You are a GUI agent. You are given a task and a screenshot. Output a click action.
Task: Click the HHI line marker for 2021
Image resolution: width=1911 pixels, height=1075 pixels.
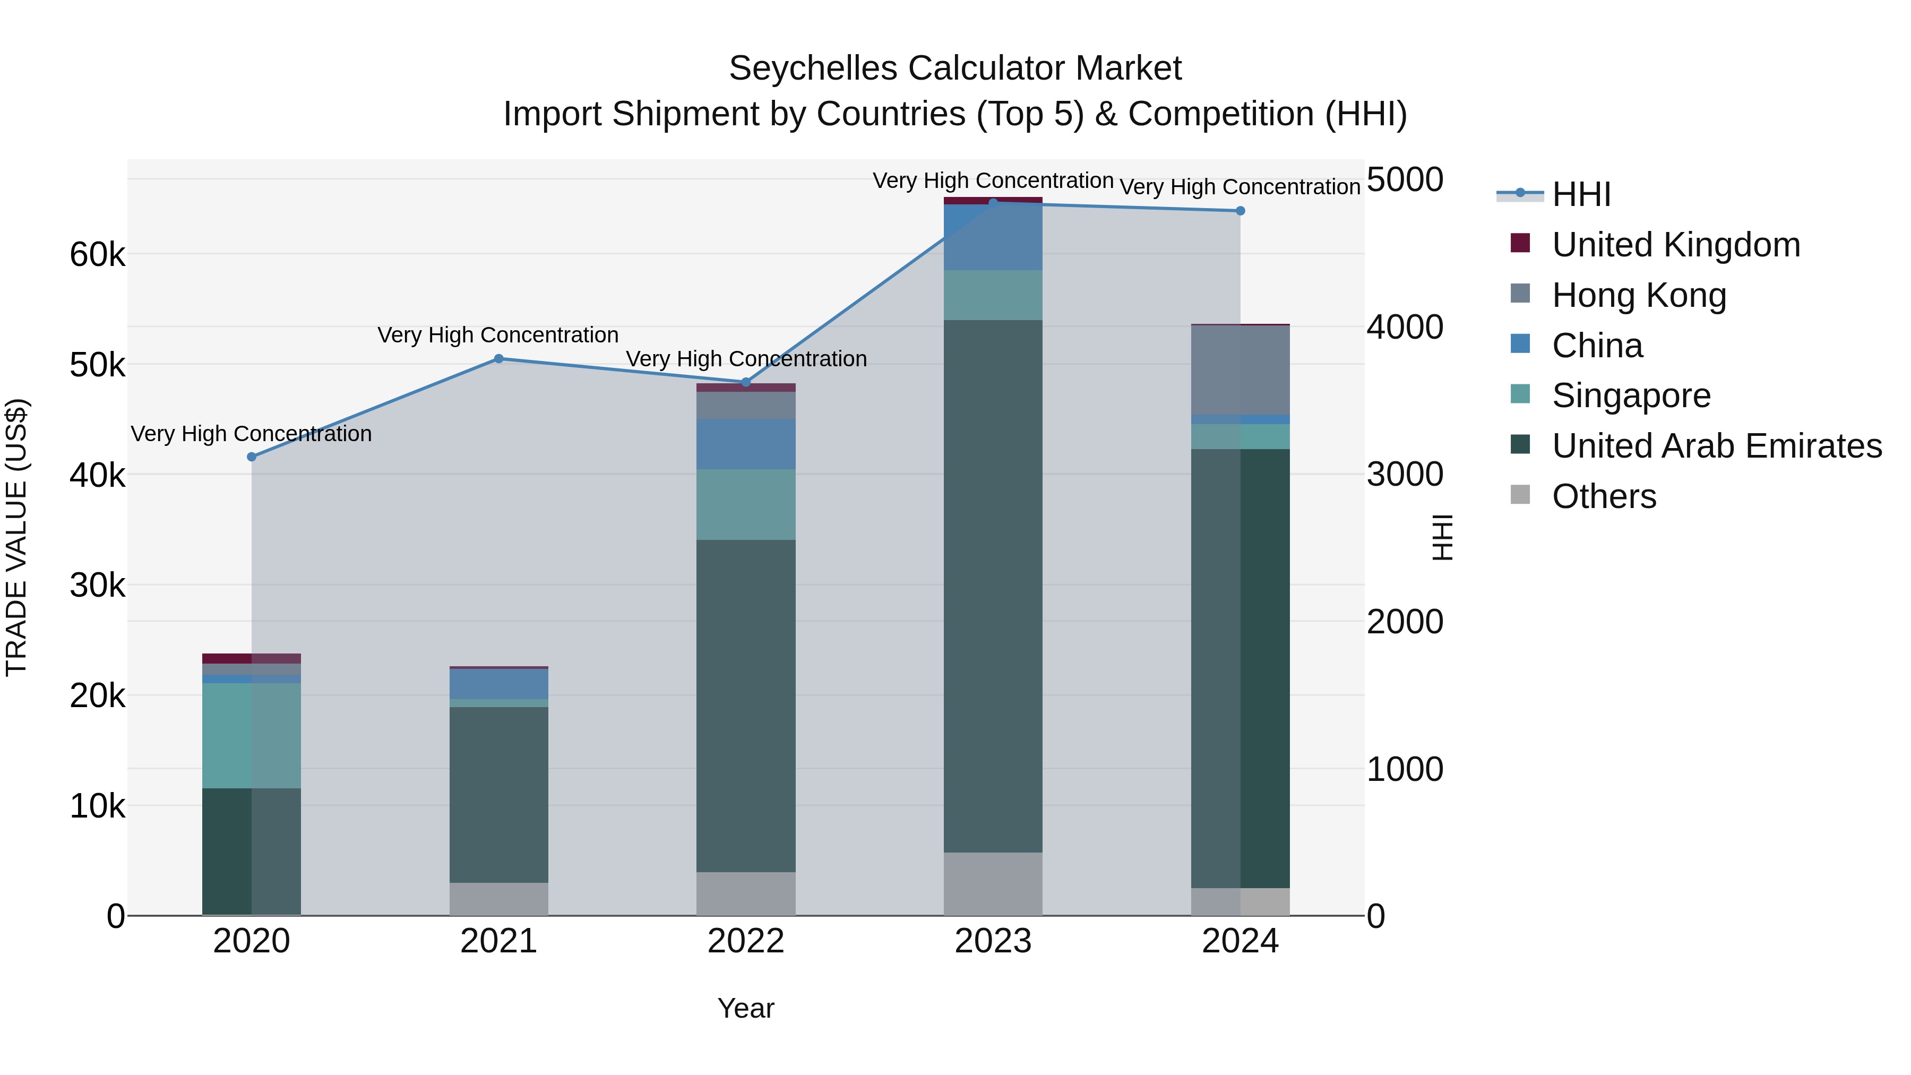498,359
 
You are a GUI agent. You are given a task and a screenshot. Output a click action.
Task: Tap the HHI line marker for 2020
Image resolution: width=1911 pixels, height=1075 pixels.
252,457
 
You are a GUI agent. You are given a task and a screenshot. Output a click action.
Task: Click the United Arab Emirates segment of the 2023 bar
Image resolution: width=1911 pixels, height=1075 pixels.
993,586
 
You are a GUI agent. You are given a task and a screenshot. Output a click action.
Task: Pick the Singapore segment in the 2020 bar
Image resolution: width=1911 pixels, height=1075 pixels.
252,735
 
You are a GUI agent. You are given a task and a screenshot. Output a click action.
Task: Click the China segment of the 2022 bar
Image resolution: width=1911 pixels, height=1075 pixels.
746,444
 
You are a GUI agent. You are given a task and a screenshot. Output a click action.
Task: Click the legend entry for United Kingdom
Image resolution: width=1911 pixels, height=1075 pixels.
1675,245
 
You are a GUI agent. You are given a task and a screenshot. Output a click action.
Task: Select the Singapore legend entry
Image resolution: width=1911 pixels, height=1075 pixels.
1631,395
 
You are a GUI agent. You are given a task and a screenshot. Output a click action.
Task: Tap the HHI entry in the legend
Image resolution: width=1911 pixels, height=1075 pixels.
1580,194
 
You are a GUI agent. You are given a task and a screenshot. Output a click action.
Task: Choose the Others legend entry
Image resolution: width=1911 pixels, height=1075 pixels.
1603,496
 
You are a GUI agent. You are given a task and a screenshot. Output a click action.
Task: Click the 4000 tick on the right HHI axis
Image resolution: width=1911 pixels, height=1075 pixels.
1404,327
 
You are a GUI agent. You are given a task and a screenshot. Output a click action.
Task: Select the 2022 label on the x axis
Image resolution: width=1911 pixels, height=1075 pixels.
746,941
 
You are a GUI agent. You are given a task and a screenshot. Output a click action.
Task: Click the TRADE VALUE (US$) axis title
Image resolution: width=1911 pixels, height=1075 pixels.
16,537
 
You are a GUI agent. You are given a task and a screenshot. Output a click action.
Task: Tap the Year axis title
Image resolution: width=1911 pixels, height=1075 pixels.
746,1008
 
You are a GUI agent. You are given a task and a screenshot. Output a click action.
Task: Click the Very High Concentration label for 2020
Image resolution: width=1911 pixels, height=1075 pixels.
252,434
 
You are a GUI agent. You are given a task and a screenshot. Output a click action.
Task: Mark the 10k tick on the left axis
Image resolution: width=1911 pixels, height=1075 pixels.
97,806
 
